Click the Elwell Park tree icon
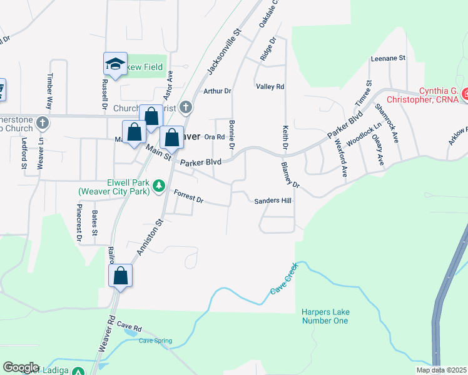[160, 186]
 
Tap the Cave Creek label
[285, 281]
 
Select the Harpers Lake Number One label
[324, 316]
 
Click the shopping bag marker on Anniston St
[121, 276]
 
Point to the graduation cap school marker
[115, 64]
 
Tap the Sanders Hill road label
[273, 201]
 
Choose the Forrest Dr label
[188, 196]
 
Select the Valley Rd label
[270, 87]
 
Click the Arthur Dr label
[218, 91]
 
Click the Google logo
[21, 367]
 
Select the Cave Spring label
[155, 341]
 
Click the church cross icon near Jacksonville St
[185, 107]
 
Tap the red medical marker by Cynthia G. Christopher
[465, 94]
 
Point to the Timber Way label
[49, 91]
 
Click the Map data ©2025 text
[441, 370]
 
